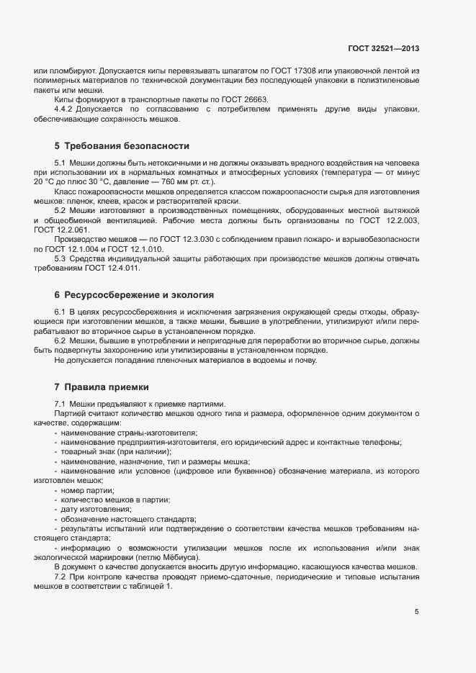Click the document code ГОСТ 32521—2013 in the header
click(383, 48)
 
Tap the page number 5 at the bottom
click(416, 612)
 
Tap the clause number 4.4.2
click(64, 108)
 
